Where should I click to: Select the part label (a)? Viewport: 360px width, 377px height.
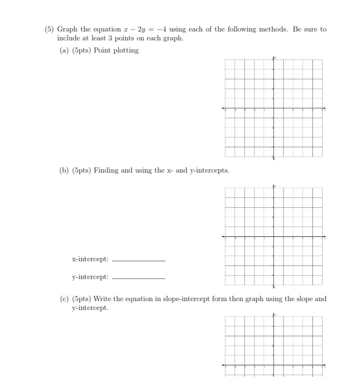64,51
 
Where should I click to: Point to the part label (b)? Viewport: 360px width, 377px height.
64,171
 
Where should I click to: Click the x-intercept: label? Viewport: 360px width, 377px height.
90,259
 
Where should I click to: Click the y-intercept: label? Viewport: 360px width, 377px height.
90,277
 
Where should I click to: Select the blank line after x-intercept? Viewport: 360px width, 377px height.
139,261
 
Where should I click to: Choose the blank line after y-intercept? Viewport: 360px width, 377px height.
139,279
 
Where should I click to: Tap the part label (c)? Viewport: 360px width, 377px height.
64,299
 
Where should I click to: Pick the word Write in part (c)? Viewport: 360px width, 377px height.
103,299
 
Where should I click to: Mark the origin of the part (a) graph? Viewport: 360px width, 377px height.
274,108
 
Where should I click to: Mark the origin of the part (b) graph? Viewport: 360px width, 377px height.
274,237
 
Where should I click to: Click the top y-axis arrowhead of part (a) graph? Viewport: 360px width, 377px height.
274,58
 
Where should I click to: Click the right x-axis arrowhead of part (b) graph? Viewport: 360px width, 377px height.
324,237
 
